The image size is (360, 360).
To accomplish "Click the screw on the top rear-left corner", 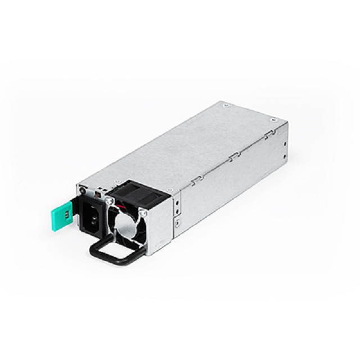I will point(226,105).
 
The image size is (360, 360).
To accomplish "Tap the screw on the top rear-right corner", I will point(273,120).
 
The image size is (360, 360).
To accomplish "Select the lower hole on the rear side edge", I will point(285,157).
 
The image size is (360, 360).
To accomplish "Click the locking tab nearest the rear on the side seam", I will point(270,135).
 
